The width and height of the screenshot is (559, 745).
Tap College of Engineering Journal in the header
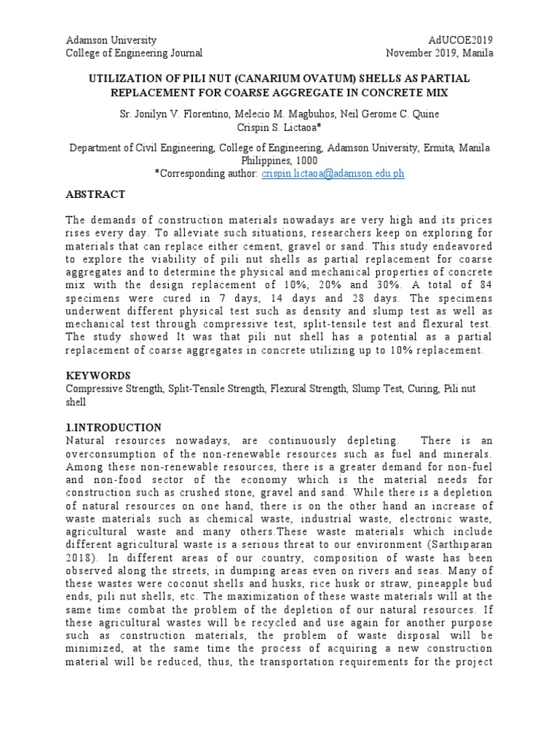click(135, 53)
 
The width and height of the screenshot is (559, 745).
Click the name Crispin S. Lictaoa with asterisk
click(279, 128)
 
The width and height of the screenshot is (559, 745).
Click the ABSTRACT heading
click(95, 194)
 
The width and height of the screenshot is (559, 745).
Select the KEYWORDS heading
click(98, 375)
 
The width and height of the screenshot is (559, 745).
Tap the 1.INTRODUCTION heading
click(114, 427)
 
